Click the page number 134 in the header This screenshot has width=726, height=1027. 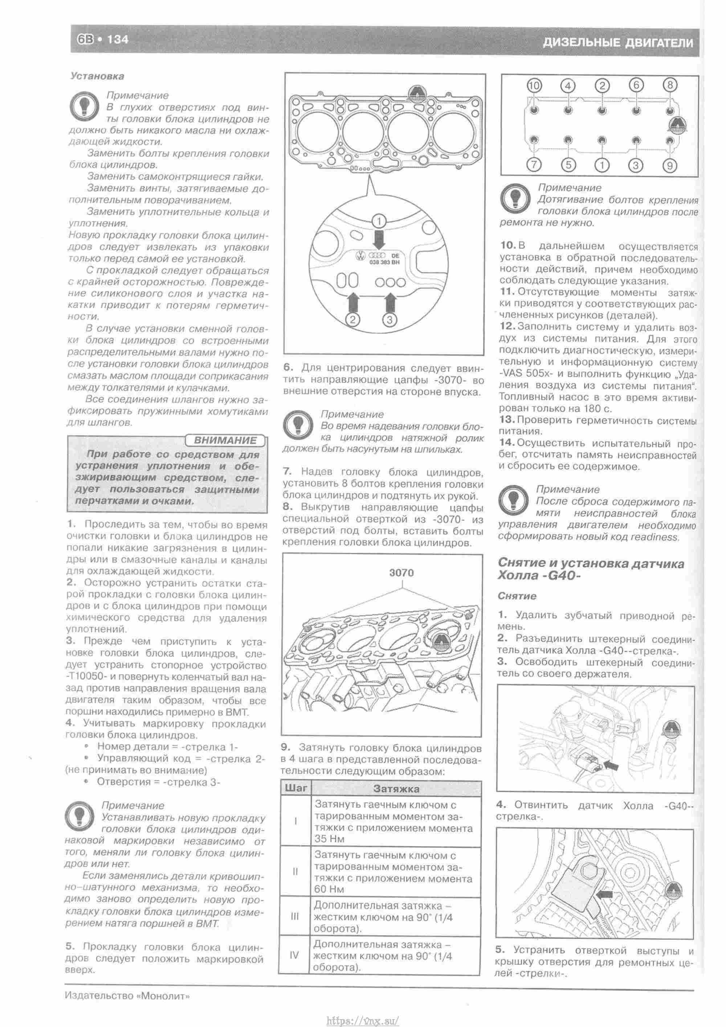coord(117,40)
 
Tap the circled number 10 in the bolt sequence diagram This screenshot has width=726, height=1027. coord(534,85)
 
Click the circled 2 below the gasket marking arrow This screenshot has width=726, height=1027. coord(353,319)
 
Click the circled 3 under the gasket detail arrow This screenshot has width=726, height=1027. coord(390,319)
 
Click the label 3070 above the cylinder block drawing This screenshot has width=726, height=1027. coord(401,573)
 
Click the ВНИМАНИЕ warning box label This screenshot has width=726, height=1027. coord(224,440)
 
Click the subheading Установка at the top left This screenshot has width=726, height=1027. coord(97,76)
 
